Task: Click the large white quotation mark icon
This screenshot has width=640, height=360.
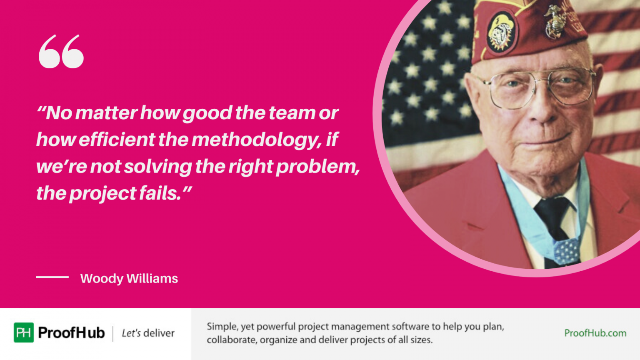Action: tap(61, 51)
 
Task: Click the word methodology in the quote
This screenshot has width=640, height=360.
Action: tap(256, 140)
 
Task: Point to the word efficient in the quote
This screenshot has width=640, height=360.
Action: tap(117, 140)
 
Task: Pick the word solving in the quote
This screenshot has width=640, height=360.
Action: tap(158, 167)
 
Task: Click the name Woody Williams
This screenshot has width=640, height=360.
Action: tap(129, 278)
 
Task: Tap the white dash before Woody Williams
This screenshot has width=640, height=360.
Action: tap(52, 277)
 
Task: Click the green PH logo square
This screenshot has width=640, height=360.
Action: tap(24, 332)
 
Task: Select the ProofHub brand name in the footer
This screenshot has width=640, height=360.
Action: tap(71, 332)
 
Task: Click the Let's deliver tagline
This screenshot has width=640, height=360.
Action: tap(148, 333)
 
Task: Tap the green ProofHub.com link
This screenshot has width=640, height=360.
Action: tap(595, 333)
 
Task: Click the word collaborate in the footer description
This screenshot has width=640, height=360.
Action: tap(231, 340)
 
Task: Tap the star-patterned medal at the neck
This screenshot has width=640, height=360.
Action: tap(566, 251)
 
